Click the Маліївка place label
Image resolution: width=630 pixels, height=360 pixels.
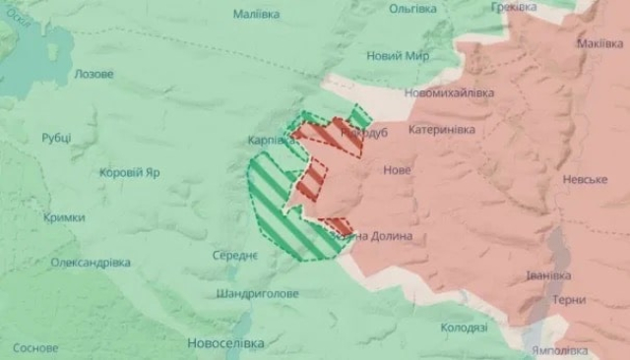click(256, 15)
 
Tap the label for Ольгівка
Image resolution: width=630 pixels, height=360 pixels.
click(413, 9)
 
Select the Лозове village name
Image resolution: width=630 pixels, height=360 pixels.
click(94, 74)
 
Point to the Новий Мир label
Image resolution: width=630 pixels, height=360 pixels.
click(398, 56)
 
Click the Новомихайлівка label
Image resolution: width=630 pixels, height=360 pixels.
click(448, 92)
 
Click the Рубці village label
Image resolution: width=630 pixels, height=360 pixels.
click(56, 139)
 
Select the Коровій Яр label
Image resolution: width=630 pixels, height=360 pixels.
click(131, 172)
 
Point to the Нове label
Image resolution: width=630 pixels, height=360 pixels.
click(397, 170)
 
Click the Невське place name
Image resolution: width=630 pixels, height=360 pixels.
click(586, 180)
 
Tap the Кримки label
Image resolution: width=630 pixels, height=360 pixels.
click(64, 217)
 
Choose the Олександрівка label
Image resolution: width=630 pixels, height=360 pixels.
click(91, 263)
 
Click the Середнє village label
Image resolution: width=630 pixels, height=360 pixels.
click(235, 256)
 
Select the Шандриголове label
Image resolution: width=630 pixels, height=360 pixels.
click(257, 294)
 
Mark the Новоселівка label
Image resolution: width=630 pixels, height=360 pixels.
click(225, 343)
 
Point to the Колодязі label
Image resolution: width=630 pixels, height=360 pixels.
click(465, 328)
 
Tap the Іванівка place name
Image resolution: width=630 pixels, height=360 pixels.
click(548, 275)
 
